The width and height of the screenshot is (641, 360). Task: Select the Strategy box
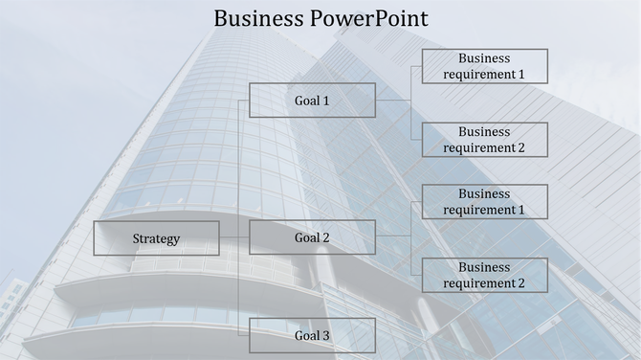[156, 238]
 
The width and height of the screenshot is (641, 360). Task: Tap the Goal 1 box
[312, 101]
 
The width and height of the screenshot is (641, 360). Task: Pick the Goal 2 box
[312, 237]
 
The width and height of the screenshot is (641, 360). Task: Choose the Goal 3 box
[312, 336]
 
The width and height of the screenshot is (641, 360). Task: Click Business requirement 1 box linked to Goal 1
[485, 66]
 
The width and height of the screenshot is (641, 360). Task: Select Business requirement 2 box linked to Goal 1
[485, 140]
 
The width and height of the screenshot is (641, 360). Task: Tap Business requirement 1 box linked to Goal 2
[485, 202]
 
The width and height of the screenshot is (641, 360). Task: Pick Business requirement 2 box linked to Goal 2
[485, 276]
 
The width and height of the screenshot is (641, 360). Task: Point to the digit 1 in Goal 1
[325, 101]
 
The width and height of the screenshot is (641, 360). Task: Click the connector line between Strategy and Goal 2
[233, 237]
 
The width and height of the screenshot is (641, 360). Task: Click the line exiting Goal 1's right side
[392, 100]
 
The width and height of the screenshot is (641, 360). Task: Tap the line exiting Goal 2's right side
[392, 236]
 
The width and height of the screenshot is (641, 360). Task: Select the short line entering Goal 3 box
[243, 335]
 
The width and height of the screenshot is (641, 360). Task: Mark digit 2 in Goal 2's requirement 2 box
[521, 283]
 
